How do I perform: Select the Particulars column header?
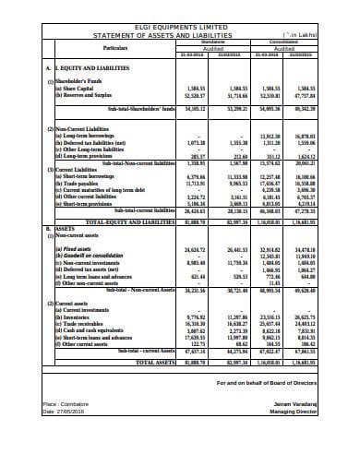(115, 45)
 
